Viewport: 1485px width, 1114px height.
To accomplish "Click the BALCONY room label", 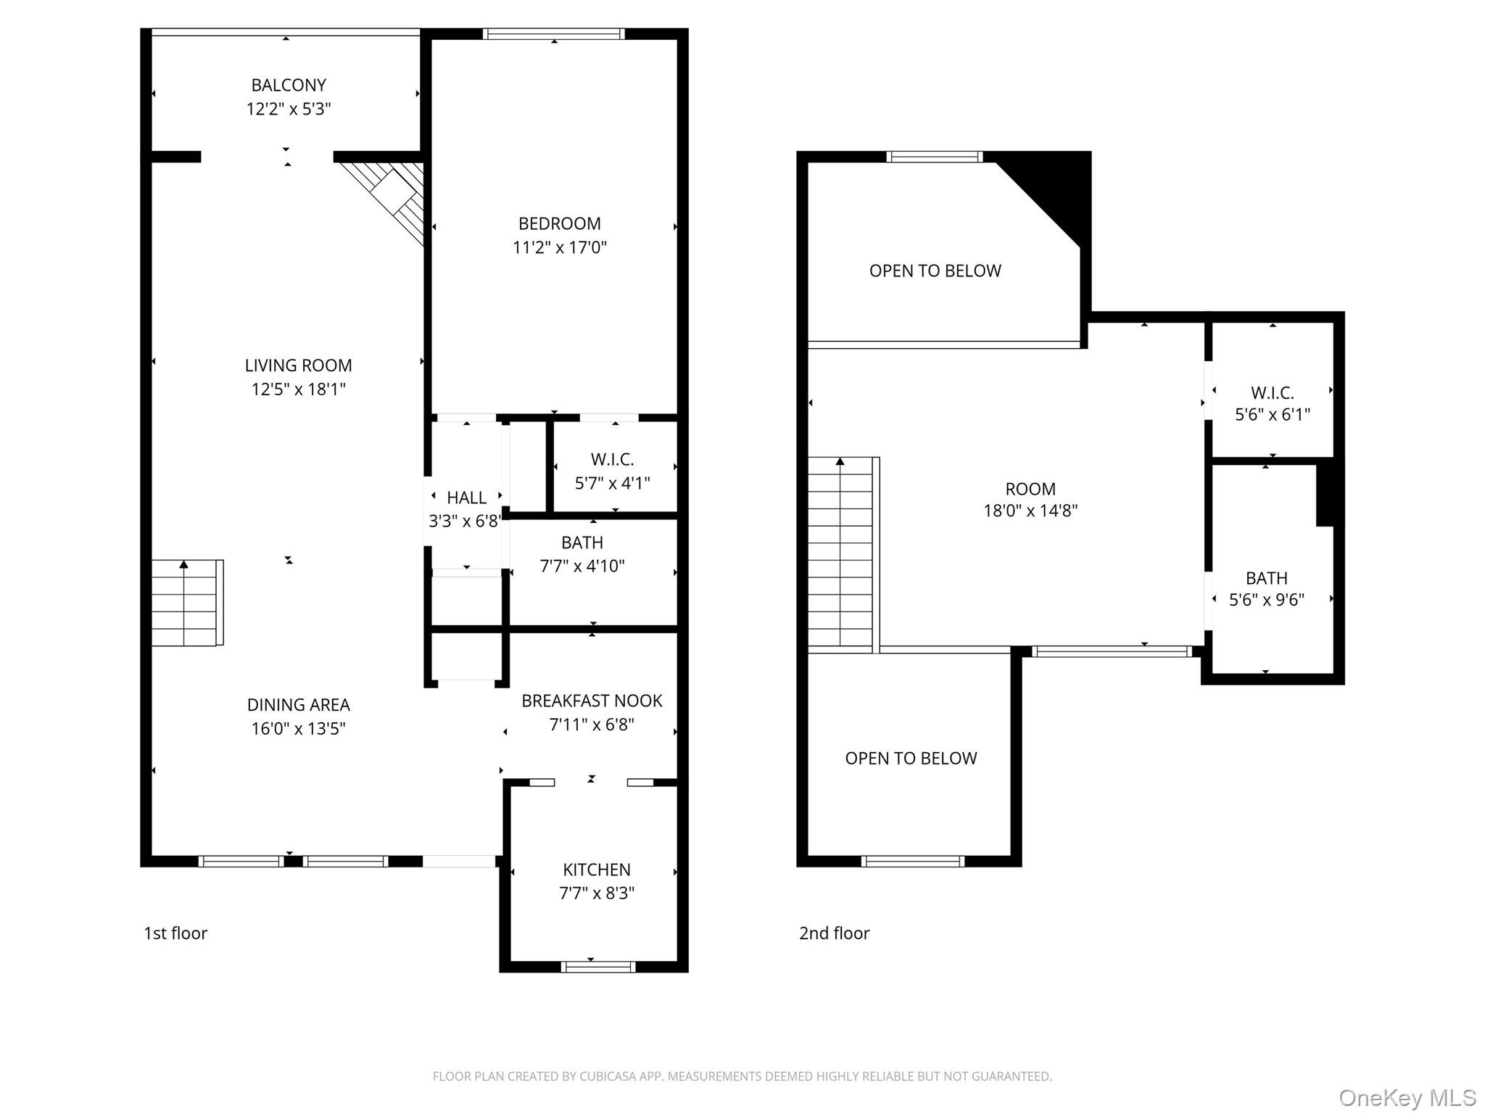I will point(289,85).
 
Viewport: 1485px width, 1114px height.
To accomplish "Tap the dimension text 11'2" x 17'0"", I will point(559,247).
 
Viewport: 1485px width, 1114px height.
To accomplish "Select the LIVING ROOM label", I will point(298,366).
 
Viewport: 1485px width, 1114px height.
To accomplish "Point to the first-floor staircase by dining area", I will point(186,603).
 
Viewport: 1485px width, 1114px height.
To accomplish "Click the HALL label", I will point(466,498).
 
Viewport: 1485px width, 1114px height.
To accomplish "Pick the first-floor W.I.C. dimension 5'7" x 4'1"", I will point(612,483).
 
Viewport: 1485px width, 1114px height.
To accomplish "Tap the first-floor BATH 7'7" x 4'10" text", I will point(582,566).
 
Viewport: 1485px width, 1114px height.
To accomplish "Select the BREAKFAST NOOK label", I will point(592,701).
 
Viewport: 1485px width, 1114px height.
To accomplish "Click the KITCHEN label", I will point(596,870).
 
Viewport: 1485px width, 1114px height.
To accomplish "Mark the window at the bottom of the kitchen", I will point(598,966).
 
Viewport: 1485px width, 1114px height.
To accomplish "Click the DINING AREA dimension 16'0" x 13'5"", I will point(298,728).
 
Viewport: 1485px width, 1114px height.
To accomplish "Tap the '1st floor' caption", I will point(175,933).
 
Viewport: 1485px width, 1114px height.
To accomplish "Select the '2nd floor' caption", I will point(834,933).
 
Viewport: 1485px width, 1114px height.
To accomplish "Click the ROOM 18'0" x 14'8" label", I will point(1030,500).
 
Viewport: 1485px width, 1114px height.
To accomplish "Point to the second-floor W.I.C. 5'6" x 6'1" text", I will point(1272,415).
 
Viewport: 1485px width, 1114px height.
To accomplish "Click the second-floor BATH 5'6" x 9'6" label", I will point(1266,589).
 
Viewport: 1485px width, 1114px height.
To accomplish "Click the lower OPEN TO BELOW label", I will point(911,759).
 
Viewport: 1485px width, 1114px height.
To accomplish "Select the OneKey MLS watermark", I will point(1407,1098).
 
